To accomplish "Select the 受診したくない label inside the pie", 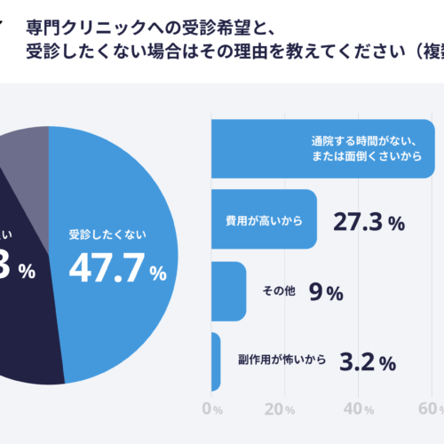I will pos(107,235).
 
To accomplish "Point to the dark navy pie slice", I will pos(27,329).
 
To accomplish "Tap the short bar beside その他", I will pos(229,291).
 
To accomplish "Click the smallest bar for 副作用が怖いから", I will pos(216,361).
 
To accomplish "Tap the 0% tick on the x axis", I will pos(212,409).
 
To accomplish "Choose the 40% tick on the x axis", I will pos(358,409).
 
